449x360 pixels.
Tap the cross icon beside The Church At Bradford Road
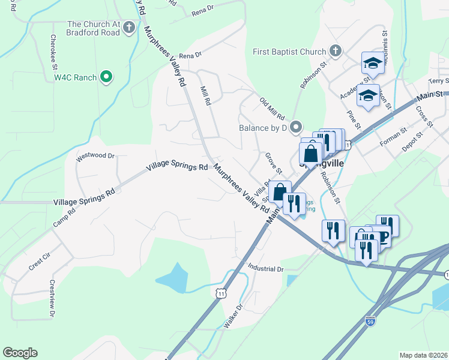130,27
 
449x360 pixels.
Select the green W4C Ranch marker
106,76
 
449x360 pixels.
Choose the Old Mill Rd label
272,109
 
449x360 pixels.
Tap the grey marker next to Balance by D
295,127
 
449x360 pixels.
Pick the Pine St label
354,119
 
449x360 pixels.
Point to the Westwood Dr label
95,156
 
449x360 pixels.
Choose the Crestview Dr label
52,299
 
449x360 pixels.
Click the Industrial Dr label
265,269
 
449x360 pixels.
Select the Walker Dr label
233,314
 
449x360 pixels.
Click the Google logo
20,353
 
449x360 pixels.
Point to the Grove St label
274,163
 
